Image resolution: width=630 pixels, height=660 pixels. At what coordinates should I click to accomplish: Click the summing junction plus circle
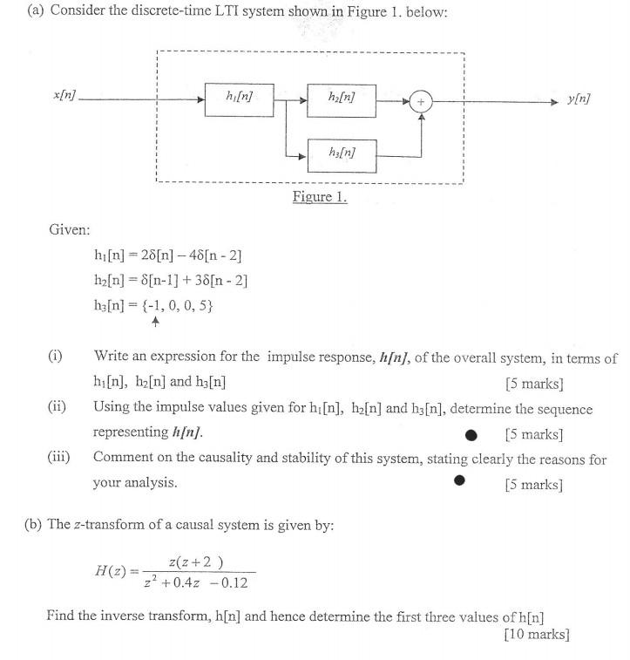(422, 101)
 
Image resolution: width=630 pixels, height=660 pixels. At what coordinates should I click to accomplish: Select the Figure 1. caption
(319, 197)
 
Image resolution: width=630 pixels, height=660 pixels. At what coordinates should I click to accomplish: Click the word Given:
(70, 229)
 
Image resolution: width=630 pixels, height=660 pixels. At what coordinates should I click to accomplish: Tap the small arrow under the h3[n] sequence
(156, 323)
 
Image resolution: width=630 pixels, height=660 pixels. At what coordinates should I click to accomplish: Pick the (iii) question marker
(59, 457)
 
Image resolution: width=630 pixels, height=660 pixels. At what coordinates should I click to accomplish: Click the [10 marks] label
(536, 634)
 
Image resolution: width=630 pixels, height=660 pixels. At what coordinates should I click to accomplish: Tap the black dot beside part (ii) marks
(471, 433)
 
